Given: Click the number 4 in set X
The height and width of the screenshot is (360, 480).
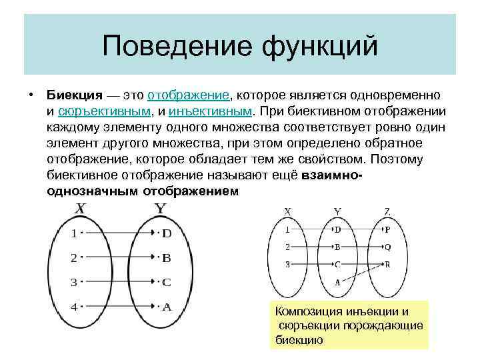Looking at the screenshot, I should pyautogui.click(x=74, y=307).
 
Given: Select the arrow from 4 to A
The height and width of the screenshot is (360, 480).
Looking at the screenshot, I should pyautogui.click(x=121, y=307).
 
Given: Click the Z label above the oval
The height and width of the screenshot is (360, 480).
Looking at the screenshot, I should pyautogui.click(x=387, y=212).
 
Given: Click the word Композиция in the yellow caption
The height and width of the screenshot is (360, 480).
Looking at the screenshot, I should pyautogui.click(x=308, y=311).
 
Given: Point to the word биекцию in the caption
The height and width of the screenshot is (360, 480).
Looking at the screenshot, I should pyautogui.click(x=299, y=339).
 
